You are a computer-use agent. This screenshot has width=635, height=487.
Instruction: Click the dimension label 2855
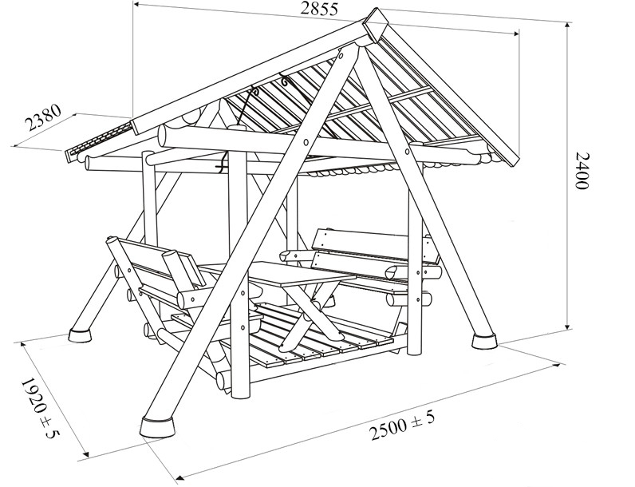coord(319,9)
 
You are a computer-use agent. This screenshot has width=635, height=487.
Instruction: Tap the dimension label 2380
coord(43,117)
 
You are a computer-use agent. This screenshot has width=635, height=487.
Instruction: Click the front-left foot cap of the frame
coord(158,427)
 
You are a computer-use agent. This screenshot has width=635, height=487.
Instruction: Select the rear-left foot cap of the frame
coord(80,335)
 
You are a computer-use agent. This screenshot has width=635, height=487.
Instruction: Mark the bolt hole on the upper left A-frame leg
coord(306,142)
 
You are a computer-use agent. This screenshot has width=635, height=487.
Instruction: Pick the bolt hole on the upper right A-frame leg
coord(407,152)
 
